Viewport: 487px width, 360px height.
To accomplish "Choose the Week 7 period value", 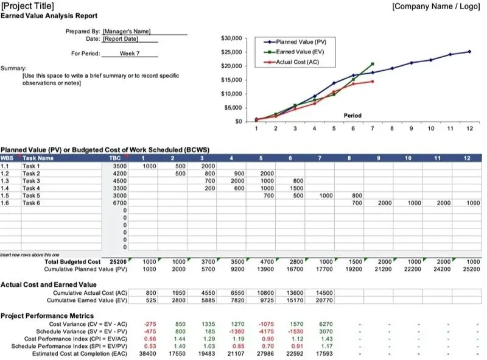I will coord(130,54).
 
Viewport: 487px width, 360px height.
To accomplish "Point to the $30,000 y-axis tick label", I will coord(232,38).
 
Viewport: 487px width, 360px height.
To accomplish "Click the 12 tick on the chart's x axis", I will coord(469,129).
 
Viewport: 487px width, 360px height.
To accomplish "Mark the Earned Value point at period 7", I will coord(373,64).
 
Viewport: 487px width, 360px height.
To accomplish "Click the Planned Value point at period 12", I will coord(469,52).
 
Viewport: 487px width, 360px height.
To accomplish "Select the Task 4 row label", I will coord(31,188).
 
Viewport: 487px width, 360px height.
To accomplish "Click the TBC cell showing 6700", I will coord(119,203).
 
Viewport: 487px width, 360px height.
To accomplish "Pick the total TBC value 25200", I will coord(118,261).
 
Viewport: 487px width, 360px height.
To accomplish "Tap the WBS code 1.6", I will coord(5,203).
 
